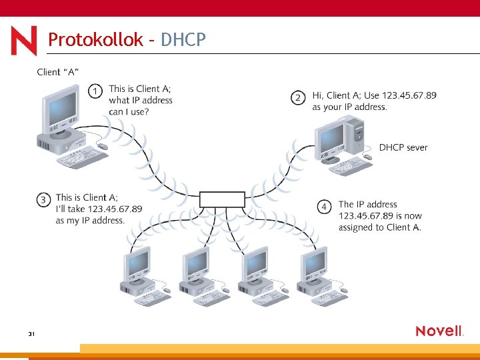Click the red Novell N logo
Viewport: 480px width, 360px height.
(24, 41)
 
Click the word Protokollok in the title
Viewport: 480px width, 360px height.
(95, 40)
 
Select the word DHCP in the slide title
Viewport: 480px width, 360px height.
(183, 40)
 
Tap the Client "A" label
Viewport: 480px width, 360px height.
(58, 72)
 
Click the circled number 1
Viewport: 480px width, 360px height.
(97, 90)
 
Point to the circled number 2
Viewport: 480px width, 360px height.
(299, 98)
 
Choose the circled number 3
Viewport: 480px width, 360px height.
(44, 199)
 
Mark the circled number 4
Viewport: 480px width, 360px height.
(325, 207)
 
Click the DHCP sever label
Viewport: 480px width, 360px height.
(403, 147)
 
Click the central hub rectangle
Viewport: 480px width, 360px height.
(223, 199)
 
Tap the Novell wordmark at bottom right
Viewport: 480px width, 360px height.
(439, 331)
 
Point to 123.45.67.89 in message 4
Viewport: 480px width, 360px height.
(365, 215)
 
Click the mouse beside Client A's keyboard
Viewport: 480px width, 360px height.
(102, 146)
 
